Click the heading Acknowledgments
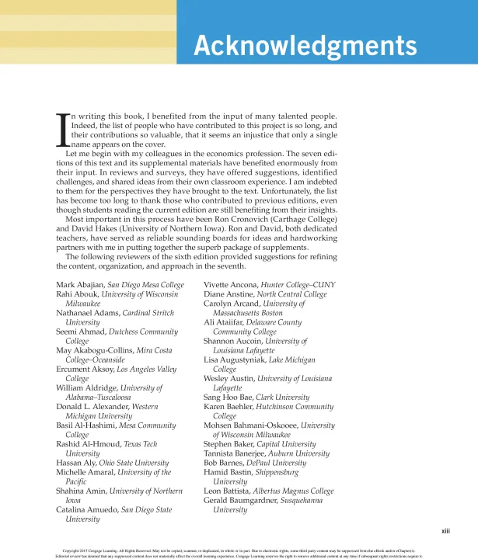[305, 47]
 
